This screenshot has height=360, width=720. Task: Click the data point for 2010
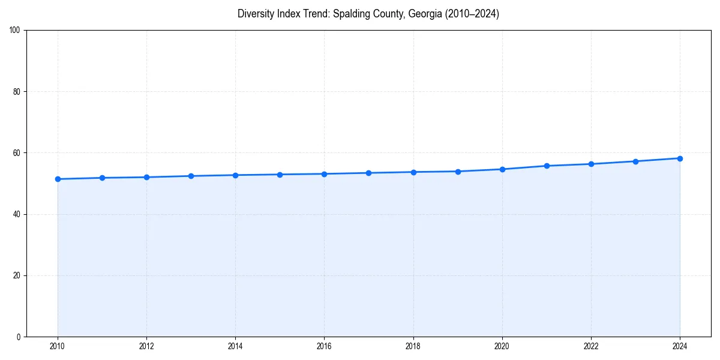[58, 179]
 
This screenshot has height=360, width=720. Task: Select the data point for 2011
[102, 178]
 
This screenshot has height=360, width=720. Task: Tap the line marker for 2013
[191, 176]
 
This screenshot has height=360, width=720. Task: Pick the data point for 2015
[280, 175]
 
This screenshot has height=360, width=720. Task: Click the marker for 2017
[368, 173]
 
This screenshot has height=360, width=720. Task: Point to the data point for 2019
[458, 172]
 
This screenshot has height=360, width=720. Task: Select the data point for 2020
[502, 169]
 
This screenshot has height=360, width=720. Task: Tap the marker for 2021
[547, 166]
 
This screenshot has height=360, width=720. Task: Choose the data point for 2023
[635, 161]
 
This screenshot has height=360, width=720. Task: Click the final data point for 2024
[680, 158]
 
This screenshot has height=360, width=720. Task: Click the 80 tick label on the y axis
[17, 92]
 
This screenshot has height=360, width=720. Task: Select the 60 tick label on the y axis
[17, 153]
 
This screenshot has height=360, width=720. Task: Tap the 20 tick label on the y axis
[17, 275]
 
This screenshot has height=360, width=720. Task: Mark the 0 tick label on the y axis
[19, 337]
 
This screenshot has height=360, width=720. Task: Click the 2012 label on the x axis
[146, 346]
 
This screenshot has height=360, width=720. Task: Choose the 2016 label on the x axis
[324, 346]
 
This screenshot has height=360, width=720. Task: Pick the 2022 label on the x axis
[591, 346]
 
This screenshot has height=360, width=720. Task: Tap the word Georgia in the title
[424, 14]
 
